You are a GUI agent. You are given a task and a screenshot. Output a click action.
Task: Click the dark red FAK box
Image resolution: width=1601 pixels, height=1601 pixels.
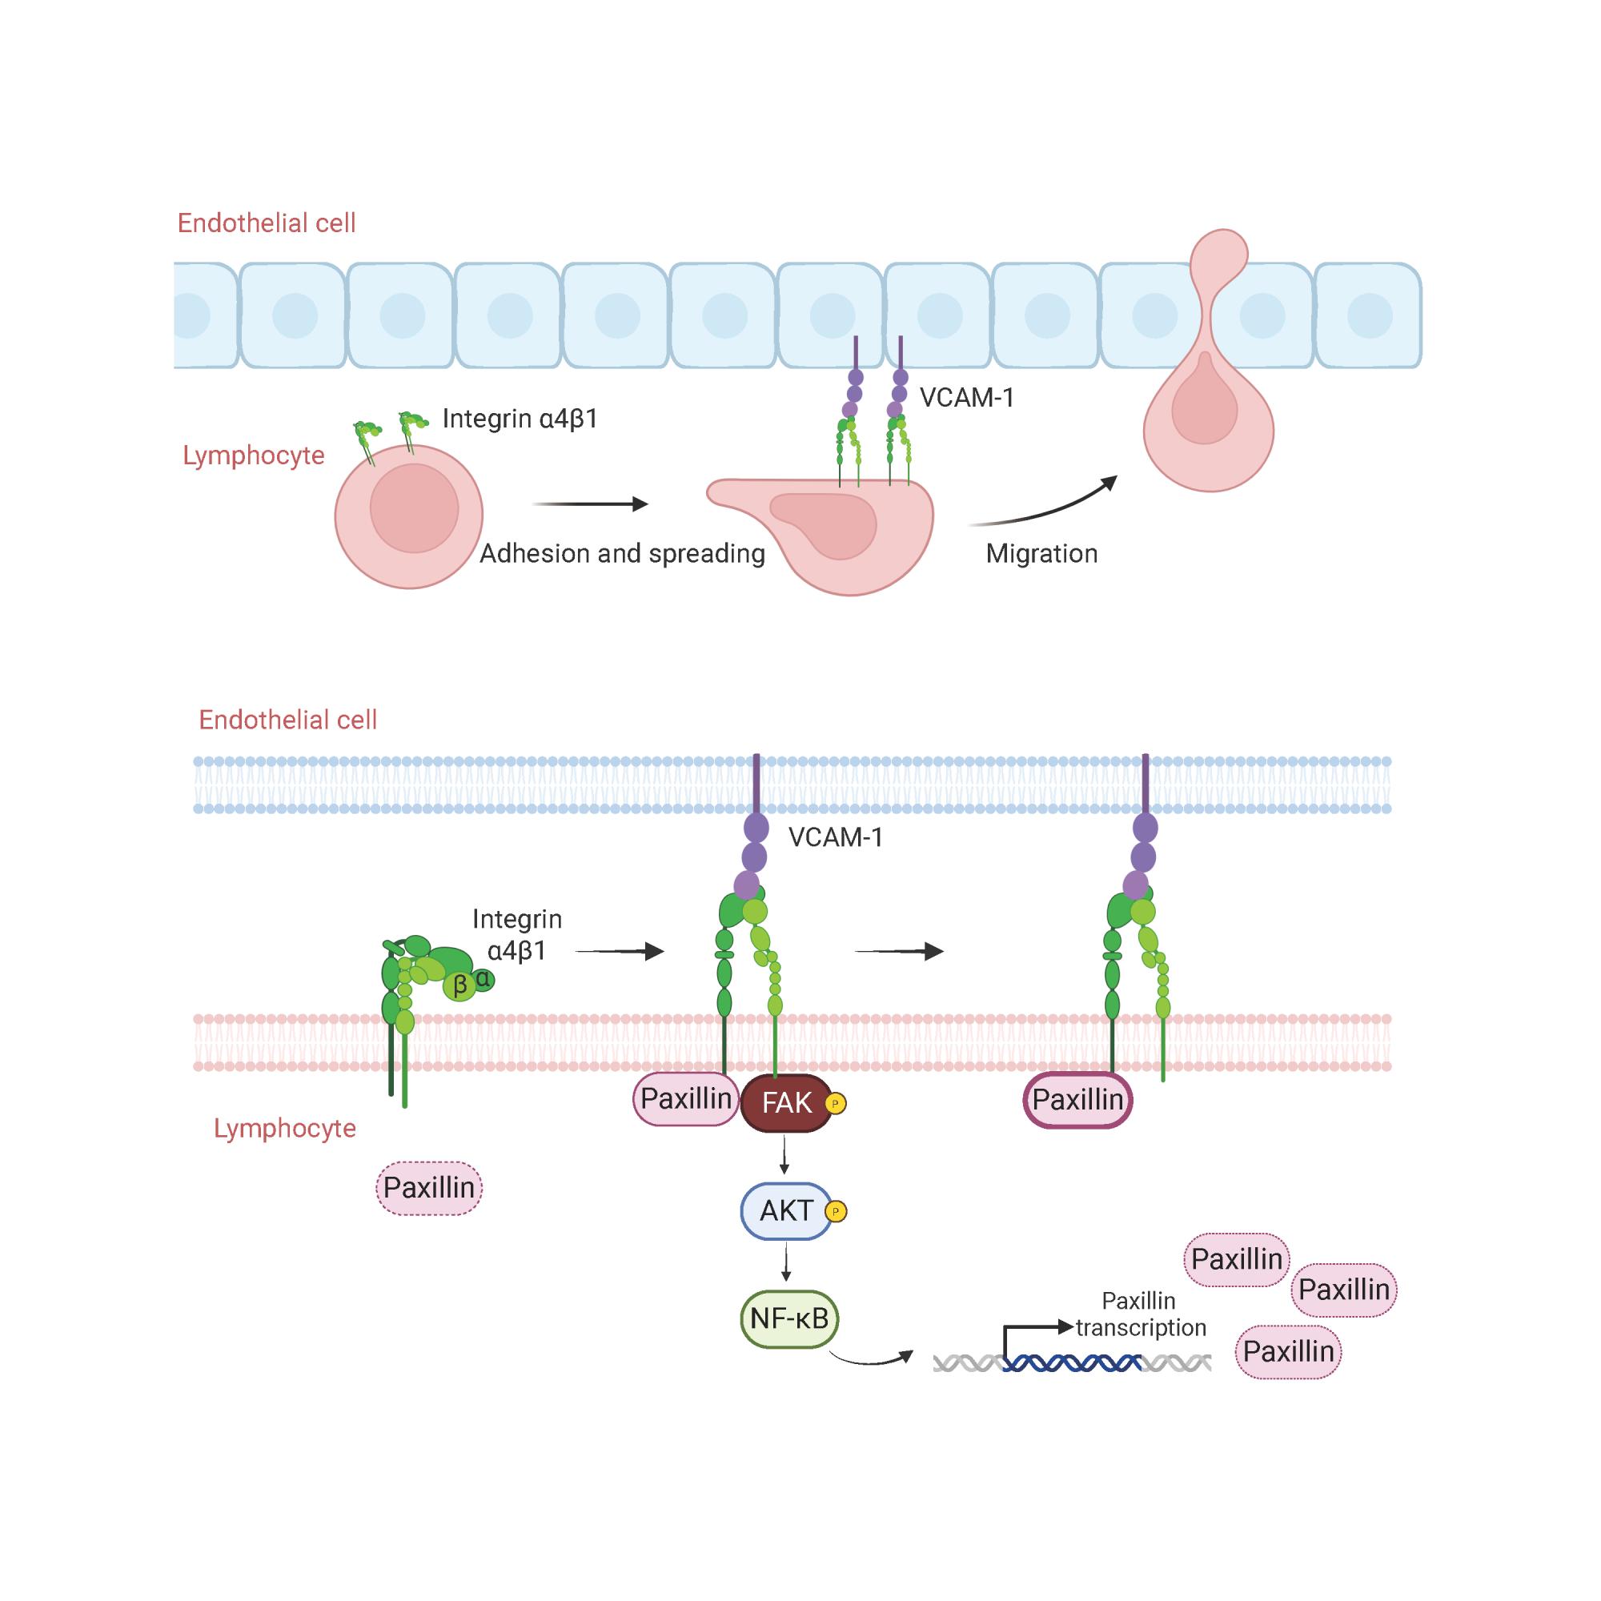(x=785, y=1104)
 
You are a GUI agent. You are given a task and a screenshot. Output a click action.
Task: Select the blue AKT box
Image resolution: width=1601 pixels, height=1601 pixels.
(x=785, y=1211)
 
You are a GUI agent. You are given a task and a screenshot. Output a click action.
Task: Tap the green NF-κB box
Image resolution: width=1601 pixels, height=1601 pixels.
(x=789, y=1318)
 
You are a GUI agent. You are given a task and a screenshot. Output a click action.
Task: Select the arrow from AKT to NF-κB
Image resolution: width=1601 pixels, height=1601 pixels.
(x=785, y=1264)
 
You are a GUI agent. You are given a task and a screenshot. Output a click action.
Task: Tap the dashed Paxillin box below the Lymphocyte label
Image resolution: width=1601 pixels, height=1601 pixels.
(x=429, y=1188)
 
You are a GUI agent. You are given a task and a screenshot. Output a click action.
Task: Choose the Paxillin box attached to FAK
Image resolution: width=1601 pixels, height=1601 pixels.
(x=686, y=1099)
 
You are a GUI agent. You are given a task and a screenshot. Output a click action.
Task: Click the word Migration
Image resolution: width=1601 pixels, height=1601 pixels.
(x=1041, y=554)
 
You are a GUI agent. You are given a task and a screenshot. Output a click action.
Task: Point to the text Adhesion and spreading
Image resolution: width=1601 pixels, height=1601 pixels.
(x=622, y=554)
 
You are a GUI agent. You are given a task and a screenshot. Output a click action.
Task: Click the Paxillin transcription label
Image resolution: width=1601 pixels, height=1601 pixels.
(x=1140, y=1314)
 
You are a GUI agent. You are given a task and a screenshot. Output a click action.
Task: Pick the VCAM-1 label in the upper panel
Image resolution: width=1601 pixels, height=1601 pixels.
(x=967, y=398)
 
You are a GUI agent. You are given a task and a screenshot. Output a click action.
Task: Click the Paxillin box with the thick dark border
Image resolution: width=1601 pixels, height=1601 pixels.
(x=1077, y=1101)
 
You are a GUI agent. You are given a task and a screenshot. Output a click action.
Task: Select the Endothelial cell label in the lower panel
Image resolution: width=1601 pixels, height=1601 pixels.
(x=287, y=720)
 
